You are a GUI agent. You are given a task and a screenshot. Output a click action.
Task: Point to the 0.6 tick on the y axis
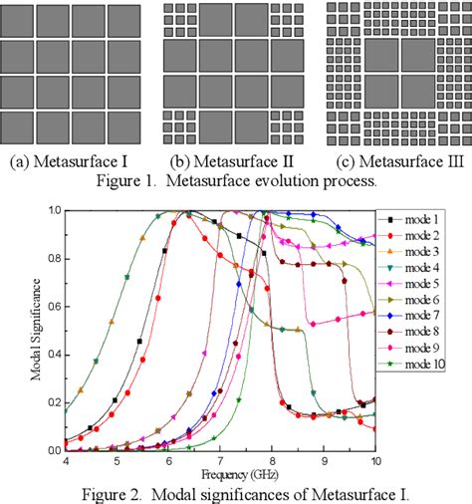(64, 306)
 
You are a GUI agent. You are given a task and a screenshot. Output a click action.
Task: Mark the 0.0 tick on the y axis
(64, 450)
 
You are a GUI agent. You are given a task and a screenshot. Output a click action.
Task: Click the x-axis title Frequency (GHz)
(220, 473)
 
